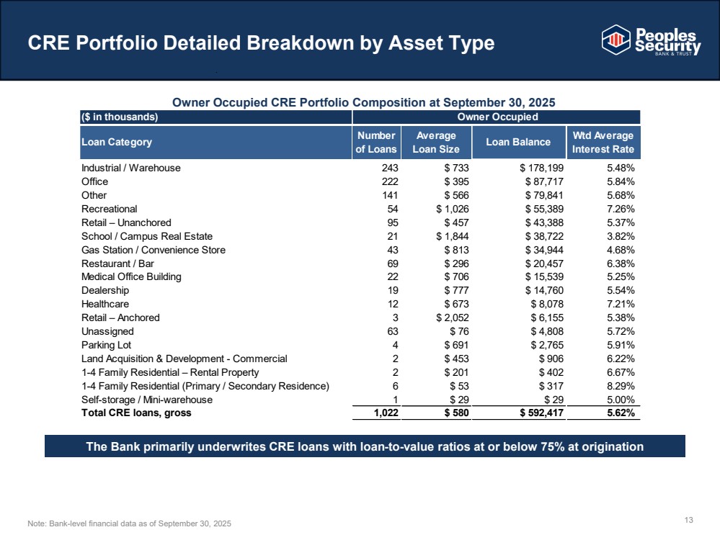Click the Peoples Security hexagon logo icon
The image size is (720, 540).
pyautogui.click(x=615, y=40)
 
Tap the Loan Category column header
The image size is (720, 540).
pyautogui.click(x=117, y=143)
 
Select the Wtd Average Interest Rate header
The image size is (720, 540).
pyautogui.click(x=603, y=143)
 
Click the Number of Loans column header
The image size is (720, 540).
pyautogui.click(x=376, y=143)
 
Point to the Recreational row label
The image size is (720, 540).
pyautogui.click(x=110, y=210)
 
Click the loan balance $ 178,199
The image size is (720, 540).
pyautogui.click(x=542, y=168)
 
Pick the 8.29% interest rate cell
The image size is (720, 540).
pyautogui.click(x=621, y=387)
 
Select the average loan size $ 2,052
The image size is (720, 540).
pyautogui.click(x=453, y=318)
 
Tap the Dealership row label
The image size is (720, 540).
pyautogui.click(x=105, y=290)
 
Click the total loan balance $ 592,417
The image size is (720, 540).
pyautogui.click(x=542, y=413)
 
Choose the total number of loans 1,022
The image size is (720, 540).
pyautogui.click(x=386, y=413)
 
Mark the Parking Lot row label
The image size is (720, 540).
pyautogui.click(x=106, y=345)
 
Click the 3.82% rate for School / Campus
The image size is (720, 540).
pyautogui.click(x=621, y=236)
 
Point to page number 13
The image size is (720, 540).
pyautogui.click(x=689, y=520)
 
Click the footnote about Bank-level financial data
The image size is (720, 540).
pyautogui.click(x=130, y=523)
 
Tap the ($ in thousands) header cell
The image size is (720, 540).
pyautogui.click(x=120, y=117)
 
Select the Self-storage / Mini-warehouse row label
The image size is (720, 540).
pyautogui.click(x=147, y=400)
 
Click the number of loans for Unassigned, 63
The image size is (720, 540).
pyautogui.click(x=393, y=332)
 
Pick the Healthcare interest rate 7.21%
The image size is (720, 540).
pyautogui.click(x=621, y=304)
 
